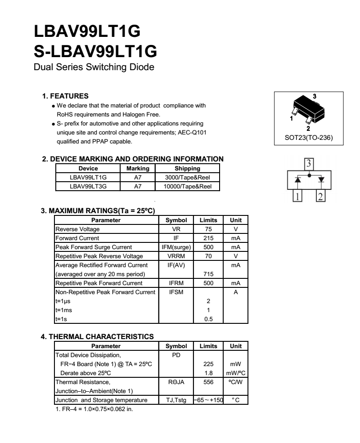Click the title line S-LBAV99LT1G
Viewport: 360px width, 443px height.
tap(95, 51)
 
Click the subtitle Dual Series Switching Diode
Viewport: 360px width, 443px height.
tap(94, 68)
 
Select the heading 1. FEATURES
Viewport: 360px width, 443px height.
tap(65, 96)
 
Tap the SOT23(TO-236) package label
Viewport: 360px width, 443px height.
tap(309, 138)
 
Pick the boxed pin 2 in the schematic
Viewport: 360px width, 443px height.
tap(320, 196)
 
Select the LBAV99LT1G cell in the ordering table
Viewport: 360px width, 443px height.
tap(88, 177)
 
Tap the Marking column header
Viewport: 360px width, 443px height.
tap(138, 169)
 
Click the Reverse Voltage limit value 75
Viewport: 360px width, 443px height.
tap(208, 229)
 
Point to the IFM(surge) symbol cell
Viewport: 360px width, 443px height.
tap(176, 247)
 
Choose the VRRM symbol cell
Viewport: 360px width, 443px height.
tap(176, 256)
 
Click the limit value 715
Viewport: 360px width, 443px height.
tap(208, 274)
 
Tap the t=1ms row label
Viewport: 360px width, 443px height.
tap(63, 310)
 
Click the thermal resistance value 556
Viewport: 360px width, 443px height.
tap(208, 382)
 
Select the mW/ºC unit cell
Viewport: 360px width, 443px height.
tap(236, 373)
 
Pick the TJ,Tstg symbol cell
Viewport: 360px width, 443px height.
tap(176, 400)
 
